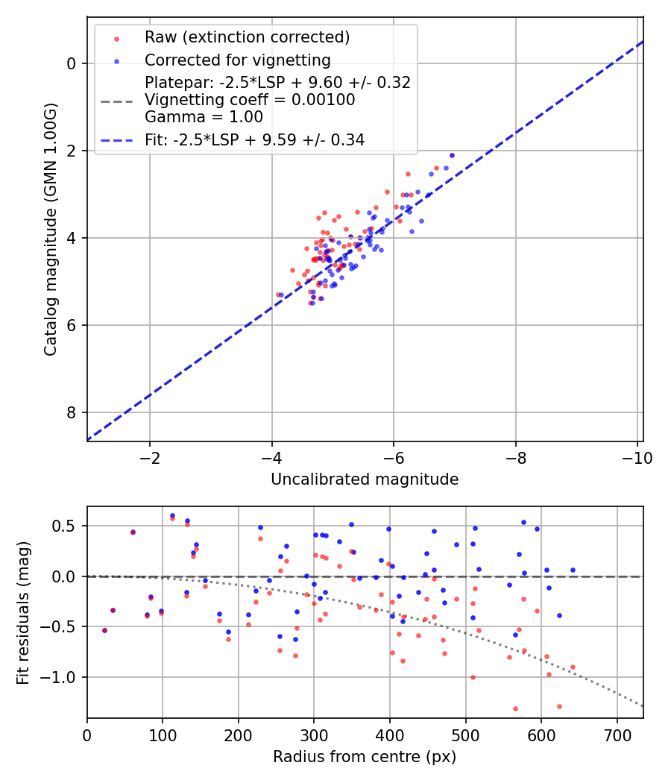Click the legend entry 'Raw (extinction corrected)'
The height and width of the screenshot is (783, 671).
coord(247,37)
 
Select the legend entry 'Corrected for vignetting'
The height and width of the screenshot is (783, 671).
coord(237,60)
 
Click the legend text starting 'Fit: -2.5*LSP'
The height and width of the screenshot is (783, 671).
coord(254,139)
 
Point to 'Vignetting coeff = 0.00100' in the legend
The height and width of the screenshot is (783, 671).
coord(250,100)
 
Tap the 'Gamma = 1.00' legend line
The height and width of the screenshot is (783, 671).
coord(204,117)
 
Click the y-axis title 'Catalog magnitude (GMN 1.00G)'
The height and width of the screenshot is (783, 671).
coord(50,230)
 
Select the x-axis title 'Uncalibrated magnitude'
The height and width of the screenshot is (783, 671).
coord(365,479)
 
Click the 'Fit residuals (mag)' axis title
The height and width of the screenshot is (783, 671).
coord(23,613)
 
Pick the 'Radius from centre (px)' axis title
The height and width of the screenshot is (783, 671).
coord(365,757)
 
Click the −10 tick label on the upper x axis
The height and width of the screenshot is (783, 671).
coord(634,456)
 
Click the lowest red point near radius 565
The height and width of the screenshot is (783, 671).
coord(515,708)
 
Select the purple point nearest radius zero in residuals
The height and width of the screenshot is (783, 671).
coord(104,630)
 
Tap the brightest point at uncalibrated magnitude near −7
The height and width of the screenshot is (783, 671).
coord(452,156)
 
